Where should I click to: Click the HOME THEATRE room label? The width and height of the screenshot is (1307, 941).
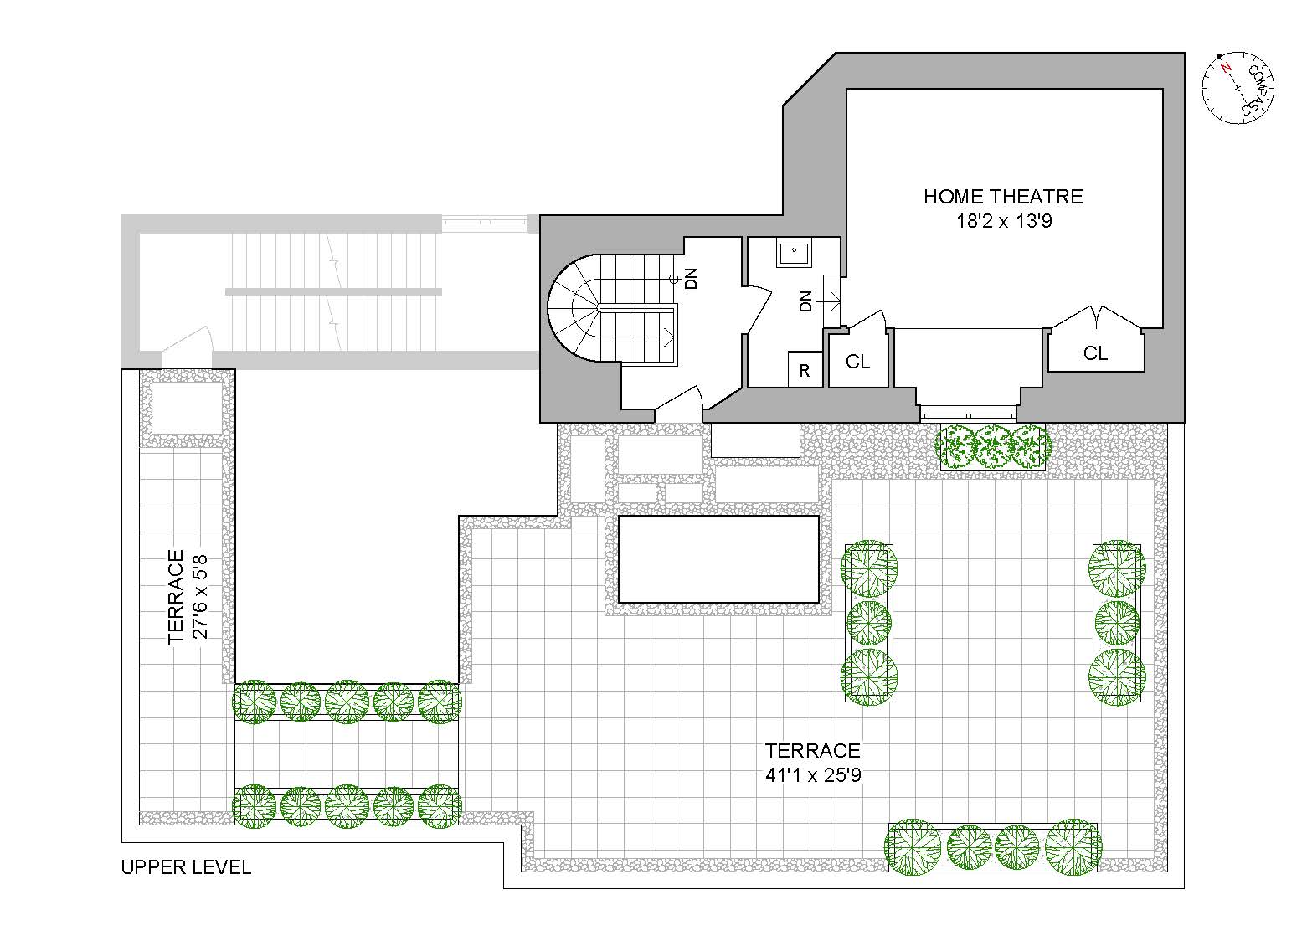tap(1003, 197)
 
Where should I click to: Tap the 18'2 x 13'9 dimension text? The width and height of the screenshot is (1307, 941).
tap(1003, 222)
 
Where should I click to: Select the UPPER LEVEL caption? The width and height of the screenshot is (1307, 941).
tap(186, 867)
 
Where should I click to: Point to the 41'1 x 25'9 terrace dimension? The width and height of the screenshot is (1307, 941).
tap(813, 775)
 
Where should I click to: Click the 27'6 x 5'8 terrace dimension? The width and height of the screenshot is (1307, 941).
tap(201, 596)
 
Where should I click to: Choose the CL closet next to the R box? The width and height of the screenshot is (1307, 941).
tap(857, 361)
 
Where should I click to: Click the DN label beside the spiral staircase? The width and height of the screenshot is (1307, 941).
tap(692, 279)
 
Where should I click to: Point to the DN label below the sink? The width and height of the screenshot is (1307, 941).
tap(805, 301)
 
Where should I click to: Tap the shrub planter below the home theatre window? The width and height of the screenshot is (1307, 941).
tap(992, 445)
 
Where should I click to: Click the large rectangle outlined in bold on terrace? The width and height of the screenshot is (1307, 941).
tap(718, 559)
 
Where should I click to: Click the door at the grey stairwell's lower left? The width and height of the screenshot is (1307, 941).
tap(188, 350)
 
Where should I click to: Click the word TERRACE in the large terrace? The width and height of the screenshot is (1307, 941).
tap(813, 751)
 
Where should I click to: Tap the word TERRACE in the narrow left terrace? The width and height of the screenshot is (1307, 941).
tap(176, 596)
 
